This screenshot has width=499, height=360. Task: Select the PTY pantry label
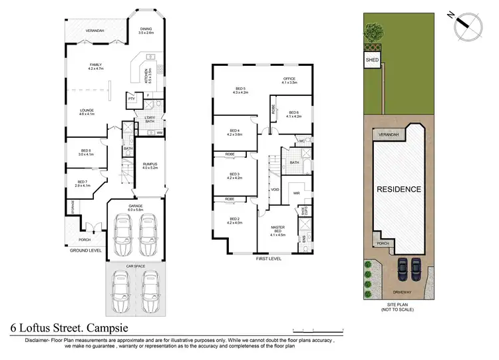tap(131, 100)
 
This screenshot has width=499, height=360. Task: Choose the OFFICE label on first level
tap(287, 79)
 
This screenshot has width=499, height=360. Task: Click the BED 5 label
tap(240, 90)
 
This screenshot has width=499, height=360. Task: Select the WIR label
tap(297, 194)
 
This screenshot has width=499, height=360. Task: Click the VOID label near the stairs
tap(275, 189)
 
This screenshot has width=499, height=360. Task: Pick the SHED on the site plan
tap(371, 60)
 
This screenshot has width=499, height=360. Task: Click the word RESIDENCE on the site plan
tap(399, 190)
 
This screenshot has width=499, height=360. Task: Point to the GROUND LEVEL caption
tap(86, 251)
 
